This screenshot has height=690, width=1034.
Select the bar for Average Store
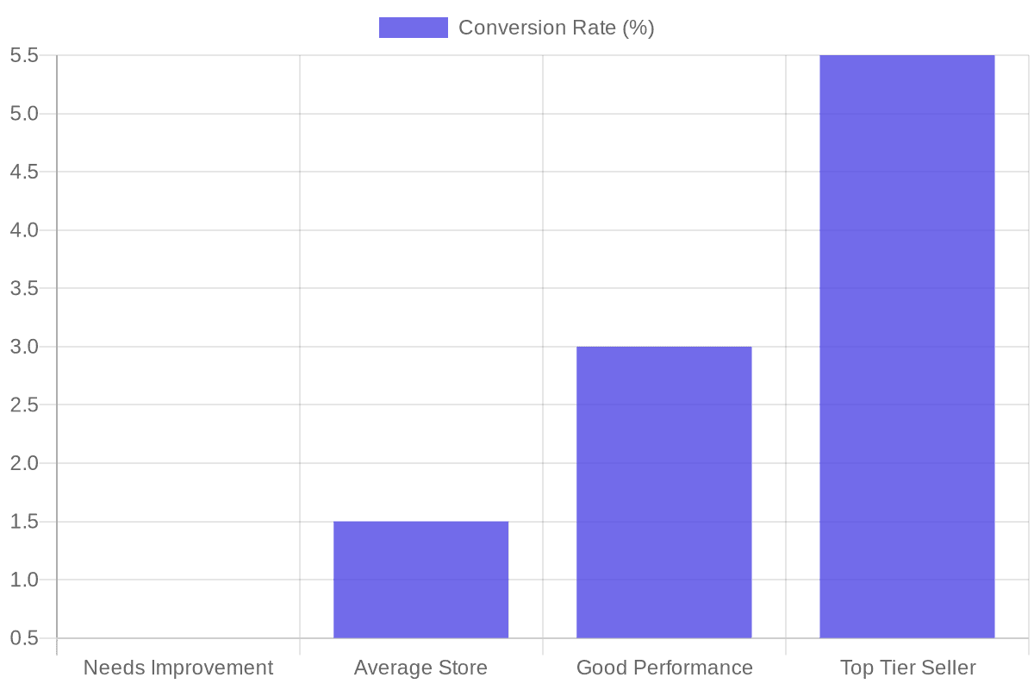pos(420,580)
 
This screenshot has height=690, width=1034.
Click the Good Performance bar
pos(663,492)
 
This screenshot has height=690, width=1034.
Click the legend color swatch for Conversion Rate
pos(413,28)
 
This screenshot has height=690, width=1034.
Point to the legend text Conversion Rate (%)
pos(556,28)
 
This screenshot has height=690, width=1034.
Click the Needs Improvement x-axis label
pos(178,668)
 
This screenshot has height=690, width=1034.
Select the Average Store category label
pos(420,668)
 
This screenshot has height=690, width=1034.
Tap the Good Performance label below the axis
pos(663,668)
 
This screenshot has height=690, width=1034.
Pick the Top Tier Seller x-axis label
pos(907,668)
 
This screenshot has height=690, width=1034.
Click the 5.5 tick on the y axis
pos(24,56)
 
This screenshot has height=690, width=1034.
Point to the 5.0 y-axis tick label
pos(24,114)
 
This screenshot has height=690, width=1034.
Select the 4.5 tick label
pos(24,172)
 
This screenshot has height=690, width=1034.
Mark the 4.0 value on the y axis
pos(24,230)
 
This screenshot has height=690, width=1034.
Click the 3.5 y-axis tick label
pos(24,289)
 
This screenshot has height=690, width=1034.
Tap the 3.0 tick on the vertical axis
pos(24,347)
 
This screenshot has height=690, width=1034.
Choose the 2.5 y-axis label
pos(24,405)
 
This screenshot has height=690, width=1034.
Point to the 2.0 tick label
pos(24,463)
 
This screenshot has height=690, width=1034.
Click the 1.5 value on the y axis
pos(24,522)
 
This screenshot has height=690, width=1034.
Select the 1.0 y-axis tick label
pos(24,580)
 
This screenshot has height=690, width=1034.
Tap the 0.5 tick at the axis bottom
pos(24,638)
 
